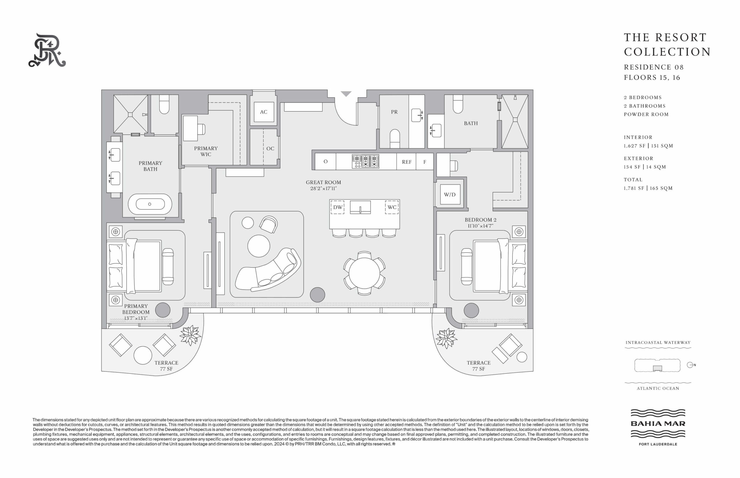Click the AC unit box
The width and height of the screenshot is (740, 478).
click(264, 112)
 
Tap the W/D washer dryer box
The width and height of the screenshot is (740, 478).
click(450, 194)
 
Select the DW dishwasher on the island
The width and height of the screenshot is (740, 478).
click(338, 207)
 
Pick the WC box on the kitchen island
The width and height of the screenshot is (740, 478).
click(392, 207)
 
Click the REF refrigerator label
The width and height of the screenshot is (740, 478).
click(406, 162)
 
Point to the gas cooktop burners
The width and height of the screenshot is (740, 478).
click(365, 161)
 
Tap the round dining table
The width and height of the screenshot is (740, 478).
click(364, 273)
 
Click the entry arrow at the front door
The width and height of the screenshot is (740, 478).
click(346, 94)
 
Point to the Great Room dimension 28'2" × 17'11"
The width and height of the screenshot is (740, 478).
click(323, 188)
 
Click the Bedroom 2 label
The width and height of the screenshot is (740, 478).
click(480, 220)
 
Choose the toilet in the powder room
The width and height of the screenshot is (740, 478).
click(395, 139)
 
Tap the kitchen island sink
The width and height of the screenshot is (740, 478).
click(360, 207)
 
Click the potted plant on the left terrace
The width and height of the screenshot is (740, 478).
click(190, 335)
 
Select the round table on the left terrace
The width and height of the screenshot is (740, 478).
click(143, 355)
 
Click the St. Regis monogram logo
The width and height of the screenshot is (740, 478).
click(47, 50)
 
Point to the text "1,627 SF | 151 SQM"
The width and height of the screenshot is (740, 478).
click(648, 145)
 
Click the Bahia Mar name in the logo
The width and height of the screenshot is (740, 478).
click(658, 423)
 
